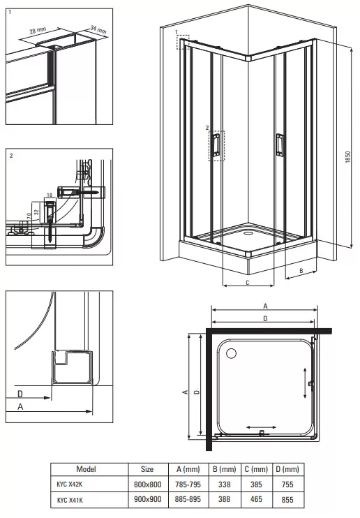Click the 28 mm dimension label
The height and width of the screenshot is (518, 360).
pos(38,31)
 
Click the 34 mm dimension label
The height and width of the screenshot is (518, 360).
pos(98,30)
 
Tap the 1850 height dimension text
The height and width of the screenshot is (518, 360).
pos(347,157)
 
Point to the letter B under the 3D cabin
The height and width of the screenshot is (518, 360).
pos(301,271)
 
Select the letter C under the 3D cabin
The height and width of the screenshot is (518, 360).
pos(248,283)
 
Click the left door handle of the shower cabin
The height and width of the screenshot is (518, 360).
pos(216,144)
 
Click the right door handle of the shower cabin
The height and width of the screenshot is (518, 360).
pos(279,144)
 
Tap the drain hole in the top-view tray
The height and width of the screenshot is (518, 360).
pos(231,353)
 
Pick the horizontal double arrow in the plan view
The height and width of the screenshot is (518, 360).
pos(261,427)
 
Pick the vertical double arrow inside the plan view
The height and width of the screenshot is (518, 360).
pos(305,383)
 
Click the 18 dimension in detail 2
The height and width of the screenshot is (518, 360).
pos(50,195)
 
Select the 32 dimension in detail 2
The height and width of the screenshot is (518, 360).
pos(37,212)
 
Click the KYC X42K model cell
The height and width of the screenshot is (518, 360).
pos(69,484)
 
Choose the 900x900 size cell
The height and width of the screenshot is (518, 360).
pos(148,499)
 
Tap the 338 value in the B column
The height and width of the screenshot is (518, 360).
pos(224,484)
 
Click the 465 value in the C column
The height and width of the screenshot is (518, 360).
pos(256,499)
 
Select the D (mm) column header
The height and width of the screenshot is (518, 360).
pos(287,469)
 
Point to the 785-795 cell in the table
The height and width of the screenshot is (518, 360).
pos(188,484)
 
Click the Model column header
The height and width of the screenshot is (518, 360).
pos(87,469)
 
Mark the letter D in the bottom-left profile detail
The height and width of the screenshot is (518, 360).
pos(20,394)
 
